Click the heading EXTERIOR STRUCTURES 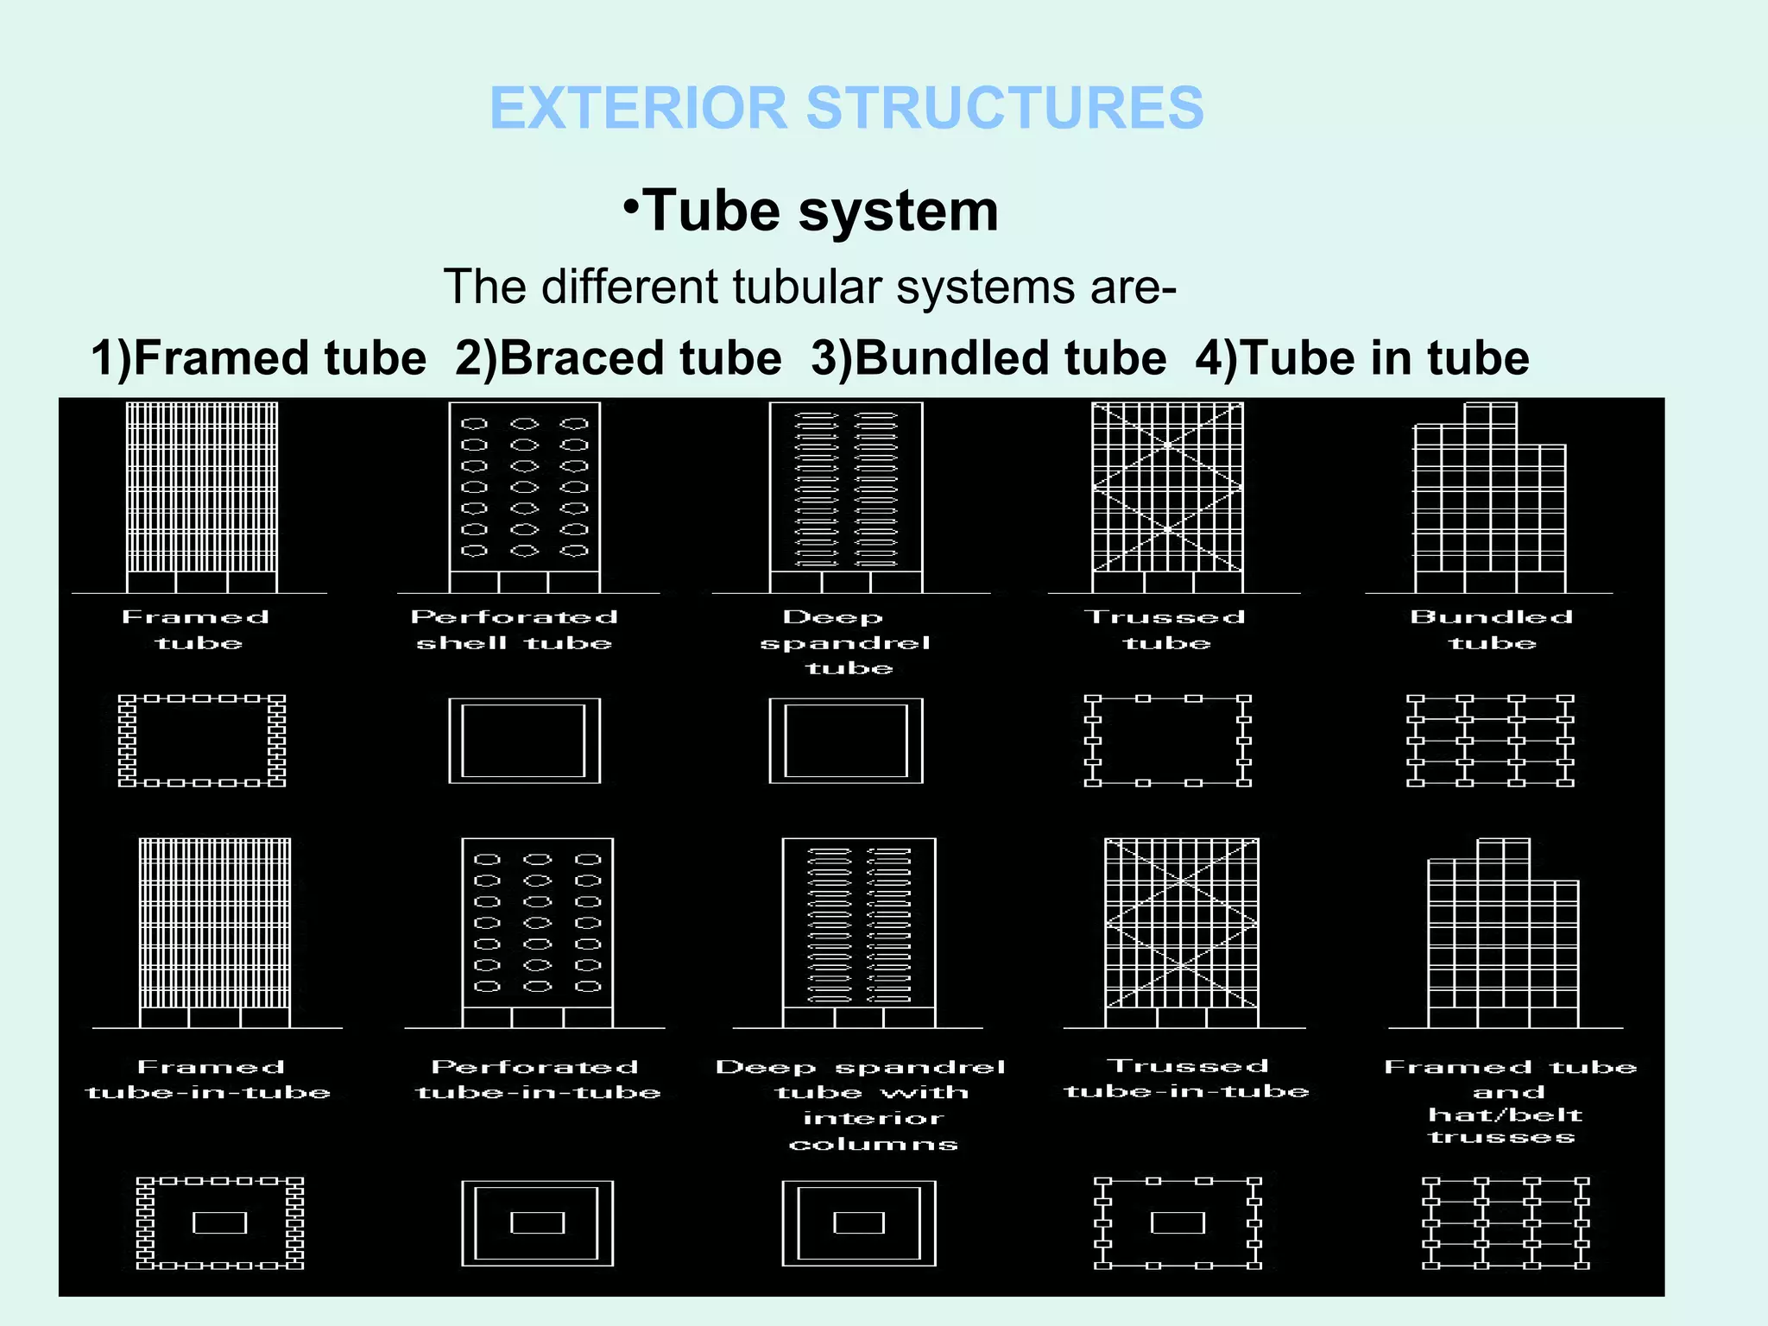(x=846, y=108)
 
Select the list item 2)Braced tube (x=619, y=357)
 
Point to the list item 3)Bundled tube (x=988, y=357)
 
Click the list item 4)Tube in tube (x=1361, y=357)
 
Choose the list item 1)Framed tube (x=259, y=357)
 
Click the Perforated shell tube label (x=515, y=630)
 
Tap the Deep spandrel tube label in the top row (x=846, y=642)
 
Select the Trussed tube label (x=1166, y=630)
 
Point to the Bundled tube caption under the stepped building (x=1492, y=630)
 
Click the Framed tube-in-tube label (x=209, y=1080)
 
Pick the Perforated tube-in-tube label (x=537, y=1080)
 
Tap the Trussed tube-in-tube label (x=1187, y=1079)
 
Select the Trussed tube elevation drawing (x=1167, y=496)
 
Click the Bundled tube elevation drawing (x=1490, y=501)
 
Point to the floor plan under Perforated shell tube (x=524, y=741)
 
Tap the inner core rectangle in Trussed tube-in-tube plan (x=1178, y=1222)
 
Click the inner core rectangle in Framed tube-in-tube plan (x=219, y=1222)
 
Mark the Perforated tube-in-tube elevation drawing (x=537, y=932)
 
